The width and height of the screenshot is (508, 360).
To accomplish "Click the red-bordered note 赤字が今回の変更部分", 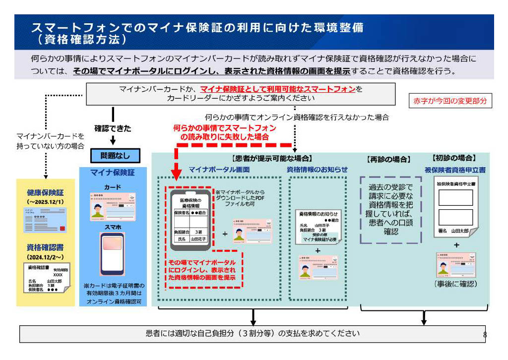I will (450, 101).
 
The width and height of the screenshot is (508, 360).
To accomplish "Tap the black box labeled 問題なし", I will (115, 156).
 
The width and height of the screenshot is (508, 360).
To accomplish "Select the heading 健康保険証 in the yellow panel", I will (46, 192).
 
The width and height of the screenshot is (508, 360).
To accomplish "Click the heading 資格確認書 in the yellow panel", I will (46, 247).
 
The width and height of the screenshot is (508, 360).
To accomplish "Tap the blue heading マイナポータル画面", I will (219, 170).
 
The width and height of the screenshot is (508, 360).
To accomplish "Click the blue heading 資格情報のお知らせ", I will (317, 170).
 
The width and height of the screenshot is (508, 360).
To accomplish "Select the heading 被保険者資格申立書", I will (455, 170).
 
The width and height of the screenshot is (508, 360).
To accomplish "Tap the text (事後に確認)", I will (455, 284).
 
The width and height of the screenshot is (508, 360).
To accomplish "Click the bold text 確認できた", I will (114, 128).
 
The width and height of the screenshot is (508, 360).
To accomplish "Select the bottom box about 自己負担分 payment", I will (253, 334).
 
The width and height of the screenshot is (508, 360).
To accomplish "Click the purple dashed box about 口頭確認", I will (390, 210).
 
